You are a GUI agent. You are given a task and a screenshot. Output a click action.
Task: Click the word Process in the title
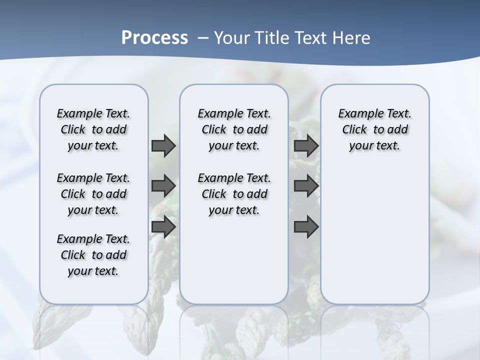pyautogui.click(x=154, y=38)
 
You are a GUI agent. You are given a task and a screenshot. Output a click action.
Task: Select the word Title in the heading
pyautogui.click(x=272, y=38)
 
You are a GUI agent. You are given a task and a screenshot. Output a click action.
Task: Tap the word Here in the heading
pyautogui.click(x=352, y=38)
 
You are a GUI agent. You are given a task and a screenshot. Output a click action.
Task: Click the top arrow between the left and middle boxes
pyautogui.click(x=163, y=145)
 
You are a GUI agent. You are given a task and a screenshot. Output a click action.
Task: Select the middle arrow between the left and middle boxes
pyautogui.click(x=163, y=186)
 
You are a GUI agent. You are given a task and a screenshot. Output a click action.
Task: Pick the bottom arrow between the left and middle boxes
pyautogui.click(x=163, y=226)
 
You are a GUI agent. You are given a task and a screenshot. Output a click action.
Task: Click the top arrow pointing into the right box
pyautogui.click(x=306, y=145)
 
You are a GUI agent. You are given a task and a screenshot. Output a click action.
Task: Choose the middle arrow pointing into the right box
pyautogui.click(x=306, y=186)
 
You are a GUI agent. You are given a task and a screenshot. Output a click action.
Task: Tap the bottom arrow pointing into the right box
pyautogui.click(x=306, y=226)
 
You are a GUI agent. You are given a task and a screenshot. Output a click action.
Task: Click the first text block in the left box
pyautogui.click(x=93, y=129)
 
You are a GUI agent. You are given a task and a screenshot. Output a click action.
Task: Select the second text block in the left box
pyautogui.click(x=93, y=194)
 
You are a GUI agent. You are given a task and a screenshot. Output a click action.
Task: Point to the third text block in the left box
pyautogui.click(x=93, y=255)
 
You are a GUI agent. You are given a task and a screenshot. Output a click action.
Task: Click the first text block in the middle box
pyautogui.click(x=234, y=129)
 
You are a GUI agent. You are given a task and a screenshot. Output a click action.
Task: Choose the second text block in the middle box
pyautogui.click(x=234, y=194)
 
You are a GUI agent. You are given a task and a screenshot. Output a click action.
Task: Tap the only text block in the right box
pyautogui.click(x=374, y=129)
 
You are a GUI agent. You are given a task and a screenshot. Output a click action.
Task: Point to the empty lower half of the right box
pyautogui.click(x=374, y=235)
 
